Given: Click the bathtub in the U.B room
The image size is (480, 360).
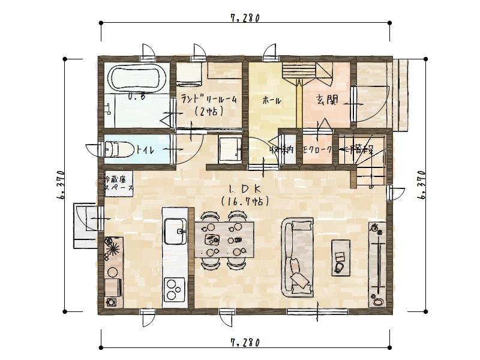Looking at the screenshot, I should tap(135, 78).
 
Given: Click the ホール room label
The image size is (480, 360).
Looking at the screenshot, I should tap(271, 101).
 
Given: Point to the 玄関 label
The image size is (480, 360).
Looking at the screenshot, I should tap(326, 100).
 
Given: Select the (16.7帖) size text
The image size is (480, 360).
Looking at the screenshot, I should tap(243, 202).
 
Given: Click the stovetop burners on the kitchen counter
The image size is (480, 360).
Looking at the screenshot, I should tap(175, 290).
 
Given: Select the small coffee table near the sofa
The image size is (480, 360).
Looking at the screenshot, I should tap(341, 256).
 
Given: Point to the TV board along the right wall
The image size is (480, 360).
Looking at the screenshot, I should tap(377, 263).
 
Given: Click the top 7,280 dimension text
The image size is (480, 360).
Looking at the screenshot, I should tap(245, 18).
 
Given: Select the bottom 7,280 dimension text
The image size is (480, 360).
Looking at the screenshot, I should tap(245, 343).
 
